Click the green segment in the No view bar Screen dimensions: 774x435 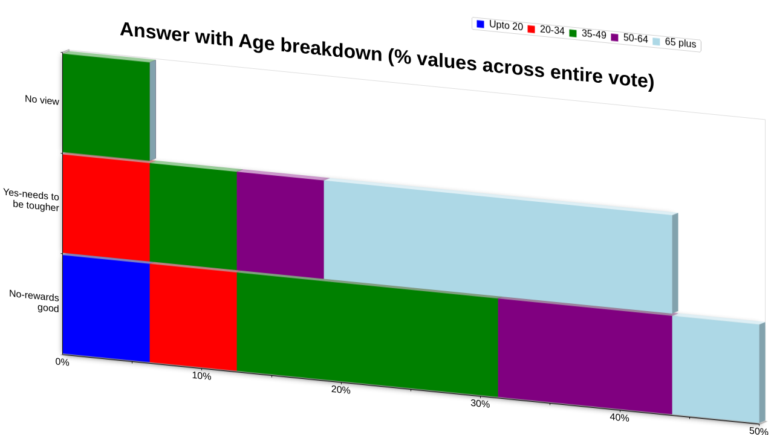point(106,107)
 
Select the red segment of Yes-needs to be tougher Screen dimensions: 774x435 point(106,208)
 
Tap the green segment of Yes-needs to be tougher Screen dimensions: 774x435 point(193,216)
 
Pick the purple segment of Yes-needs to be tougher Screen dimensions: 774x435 point(281,225)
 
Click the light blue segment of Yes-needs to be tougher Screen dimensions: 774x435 point(498,247)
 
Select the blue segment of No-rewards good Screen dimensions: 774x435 point(106,309)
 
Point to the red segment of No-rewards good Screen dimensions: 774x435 point(193,317)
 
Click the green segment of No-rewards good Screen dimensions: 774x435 point(368,335)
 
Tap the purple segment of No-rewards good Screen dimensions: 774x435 point(585,356)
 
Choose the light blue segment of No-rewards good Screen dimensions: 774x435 point(716,369)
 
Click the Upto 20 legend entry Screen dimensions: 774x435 point(499,25)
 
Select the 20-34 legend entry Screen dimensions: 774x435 point(546,30)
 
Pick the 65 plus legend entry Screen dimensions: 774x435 point(674,42)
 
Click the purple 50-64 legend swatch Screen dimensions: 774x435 point(615,37)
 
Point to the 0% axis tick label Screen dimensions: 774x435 point(62,362)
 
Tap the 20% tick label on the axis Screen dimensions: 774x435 point(340,390)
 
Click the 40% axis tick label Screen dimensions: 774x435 point(619,417)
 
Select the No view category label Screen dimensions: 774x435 point(42,100)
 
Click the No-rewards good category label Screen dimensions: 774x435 point(34,301)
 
